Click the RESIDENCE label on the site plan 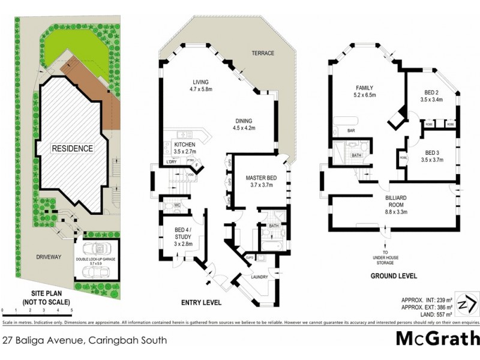tap(72, 148)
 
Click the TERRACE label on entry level tap(263, 53)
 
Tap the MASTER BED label tap(259, 181)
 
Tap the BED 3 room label tap(431, 156)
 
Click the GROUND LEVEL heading tap(393, 277)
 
